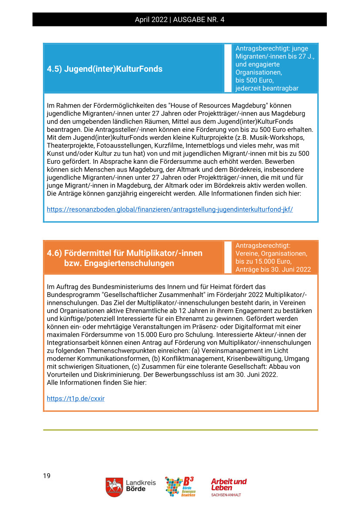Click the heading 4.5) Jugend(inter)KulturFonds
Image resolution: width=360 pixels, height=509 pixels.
click(x=105, y=69)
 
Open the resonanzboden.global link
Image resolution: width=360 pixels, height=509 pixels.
click(x=170, y=209)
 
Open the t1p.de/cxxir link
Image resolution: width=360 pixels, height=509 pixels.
click(x=75, y=398)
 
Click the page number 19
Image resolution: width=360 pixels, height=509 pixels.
click(x=47, y=475)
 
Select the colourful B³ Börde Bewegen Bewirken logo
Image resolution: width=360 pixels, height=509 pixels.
click(x=180, y=486)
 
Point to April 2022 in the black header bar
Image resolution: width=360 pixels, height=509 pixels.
click(x=151, y=20)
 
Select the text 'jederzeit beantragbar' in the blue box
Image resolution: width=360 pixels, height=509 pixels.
click(x=267, y=88)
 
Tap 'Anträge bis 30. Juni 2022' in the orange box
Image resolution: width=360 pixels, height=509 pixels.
click(x=273, y=269)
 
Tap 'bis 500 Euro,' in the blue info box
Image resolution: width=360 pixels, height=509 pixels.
click(x=255, y=81)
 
